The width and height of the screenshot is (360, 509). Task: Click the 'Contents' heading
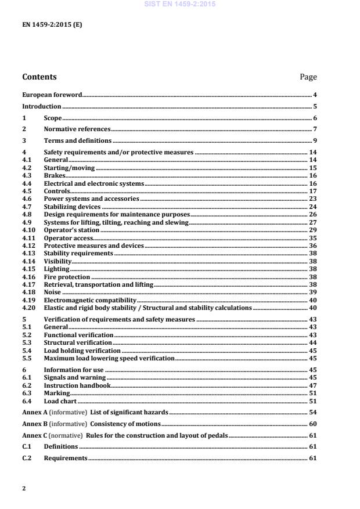pos(39,77)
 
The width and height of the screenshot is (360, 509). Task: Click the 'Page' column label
pos(308,77)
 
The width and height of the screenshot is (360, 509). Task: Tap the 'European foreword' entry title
pos(52,95)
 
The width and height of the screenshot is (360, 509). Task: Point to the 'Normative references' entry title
pos(77,129)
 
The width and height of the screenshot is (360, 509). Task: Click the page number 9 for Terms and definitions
pos(314,141)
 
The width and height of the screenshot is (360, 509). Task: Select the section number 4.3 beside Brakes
pos(26,175)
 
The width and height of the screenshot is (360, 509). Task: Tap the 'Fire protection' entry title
pos(67,277)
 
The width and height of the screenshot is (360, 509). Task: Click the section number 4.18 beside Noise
pos(28,293)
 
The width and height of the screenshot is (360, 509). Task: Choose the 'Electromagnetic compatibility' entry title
pos(90,301)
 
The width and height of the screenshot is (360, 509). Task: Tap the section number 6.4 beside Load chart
pos(26,401)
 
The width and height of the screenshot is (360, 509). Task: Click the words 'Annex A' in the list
pos(34,412)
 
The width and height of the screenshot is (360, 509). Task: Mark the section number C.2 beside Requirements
pos(27,459)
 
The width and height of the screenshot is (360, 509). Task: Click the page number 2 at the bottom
pos(24,489)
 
